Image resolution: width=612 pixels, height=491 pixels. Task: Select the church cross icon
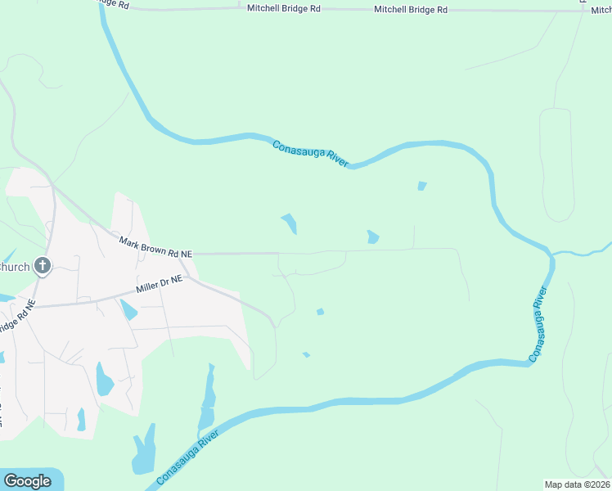(x=43, y=266)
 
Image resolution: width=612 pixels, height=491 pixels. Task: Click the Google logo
(x=27, y=481)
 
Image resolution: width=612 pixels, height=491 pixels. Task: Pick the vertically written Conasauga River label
(x=538, y=324)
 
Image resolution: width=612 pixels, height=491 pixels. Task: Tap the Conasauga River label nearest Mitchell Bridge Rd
(x=310, y=154)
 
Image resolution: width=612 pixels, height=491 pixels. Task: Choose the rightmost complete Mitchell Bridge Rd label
(x=411, y=9)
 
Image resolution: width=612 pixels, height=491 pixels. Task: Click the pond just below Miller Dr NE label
(x=128, y=310)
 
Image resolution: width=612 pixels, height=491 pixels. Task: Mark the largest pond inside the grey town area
(x=104, y=380)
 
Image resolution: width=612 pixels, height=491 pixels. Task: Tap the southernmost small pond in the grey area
(x=81, y=419)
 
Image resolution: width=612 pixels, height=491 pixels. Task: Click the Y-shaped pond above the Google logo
(x=145, y=450)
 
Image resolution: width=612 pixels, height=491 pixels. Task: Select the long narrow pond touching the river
(x=208, y=401)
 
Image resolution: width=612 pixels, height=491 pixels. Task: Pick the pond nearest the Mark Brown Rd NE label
(x=289, y=223)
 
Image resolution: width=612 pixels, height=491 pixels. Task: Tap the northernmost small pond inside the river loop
(x=421, y=186)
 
